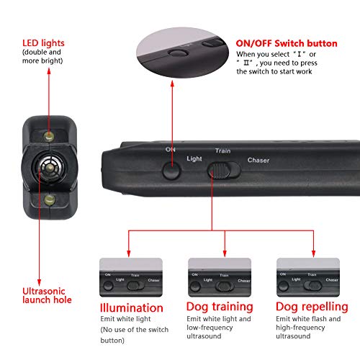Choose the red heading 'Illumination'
coord(131,307)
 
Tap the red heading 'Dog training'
coord(220,307)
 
